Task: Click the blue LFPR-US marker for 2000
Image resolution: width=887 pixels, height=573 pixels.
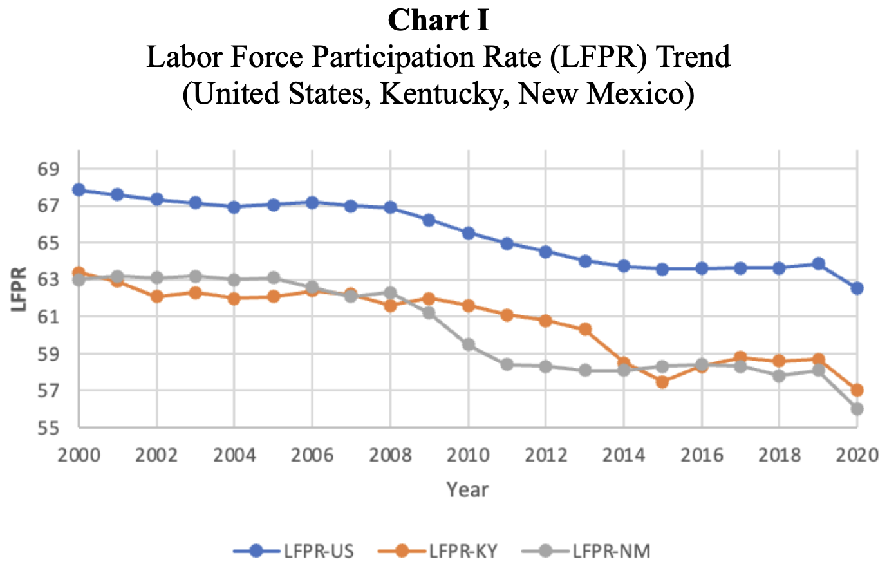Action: coord(79,190)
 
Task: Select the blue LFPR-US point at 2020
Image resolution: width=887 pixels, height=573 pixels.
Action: coord(857,288)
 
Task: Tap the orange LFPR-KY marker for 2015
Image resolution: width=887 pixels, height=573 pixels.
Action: coord(662,382)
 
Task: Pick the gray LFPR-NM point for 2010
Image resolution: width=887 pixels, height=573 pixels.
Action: coord(468,344)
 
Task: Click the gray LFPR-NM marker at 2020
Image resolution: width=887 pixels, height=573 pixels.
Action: coord(857,409)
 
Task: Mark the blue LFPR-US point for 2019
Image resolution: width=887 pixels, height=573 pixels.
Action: coord(818,264)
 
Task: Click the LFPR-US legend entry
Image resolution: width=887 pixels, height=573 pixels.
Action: coord(318,551)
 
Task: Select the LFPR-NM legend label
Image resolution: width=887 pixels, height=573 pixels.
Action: coord(608,551)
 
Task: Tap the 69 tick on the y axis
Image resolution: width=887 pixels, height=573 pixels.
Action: coord(48,170)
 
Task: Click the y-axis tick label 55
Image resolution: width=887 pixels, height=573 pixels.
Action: coord(48,428)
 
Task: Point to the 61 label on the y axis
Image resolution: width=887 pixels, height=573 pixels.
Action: coord(48,317)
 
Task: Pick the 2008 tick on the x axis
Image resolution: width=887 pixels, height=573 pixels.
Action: coord(390,456)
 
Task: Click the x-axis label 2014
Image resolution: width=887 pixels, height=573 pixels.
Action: coord(623,456)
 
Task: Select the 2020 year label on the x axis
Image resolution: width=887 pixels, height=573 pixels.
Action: coord(857,456)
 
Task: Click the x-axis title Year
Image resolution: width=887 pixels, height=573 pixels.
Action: coord(468,490)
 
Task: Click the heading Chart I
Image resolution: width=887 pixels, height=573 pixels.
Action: coord(438,21)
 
